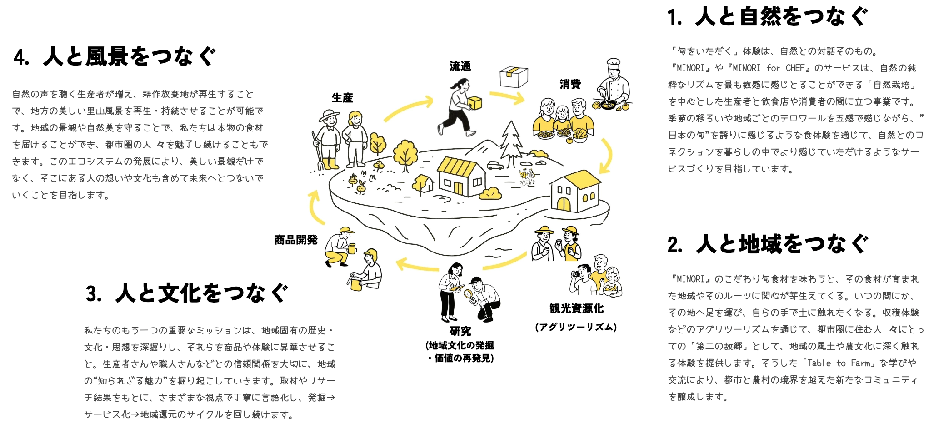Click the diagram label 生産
(342, 98)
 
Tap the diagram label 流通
(460, 66)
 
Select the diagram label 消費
(570, 84)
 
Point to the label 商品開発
(295, 240)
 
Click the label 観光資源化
(576, 308)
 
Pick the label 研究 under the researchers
(460, 331)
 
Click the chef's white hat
(613, 63)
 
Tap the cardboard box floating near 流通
(514, 76)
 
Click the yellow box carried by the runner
(474, 103)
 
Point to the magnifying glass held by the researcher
(469, 294)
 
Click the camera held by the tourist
(575, 274)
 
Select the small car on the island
(495, 165)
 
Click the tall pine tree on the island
(511, 139)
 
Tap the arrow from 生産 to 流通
(409, 107)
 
